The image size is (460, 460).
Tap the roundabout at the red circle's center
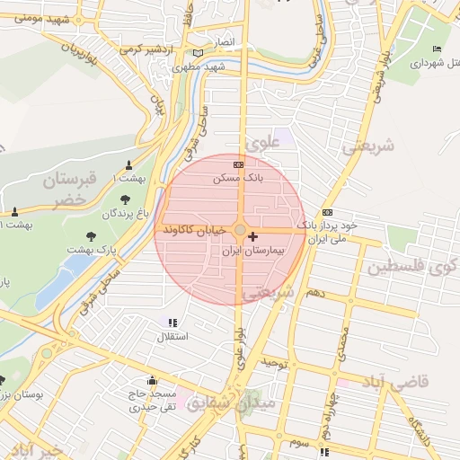tap(239, 231)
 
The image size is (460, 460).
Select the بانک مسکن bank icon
tap(238, 164)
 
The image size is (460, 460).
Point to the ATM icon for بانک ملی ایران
tap(327, 212)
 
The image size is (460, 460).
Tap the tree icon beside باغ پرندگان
tap(124, 199)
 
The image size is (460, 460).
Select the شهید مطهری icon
tap(198, 53)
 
